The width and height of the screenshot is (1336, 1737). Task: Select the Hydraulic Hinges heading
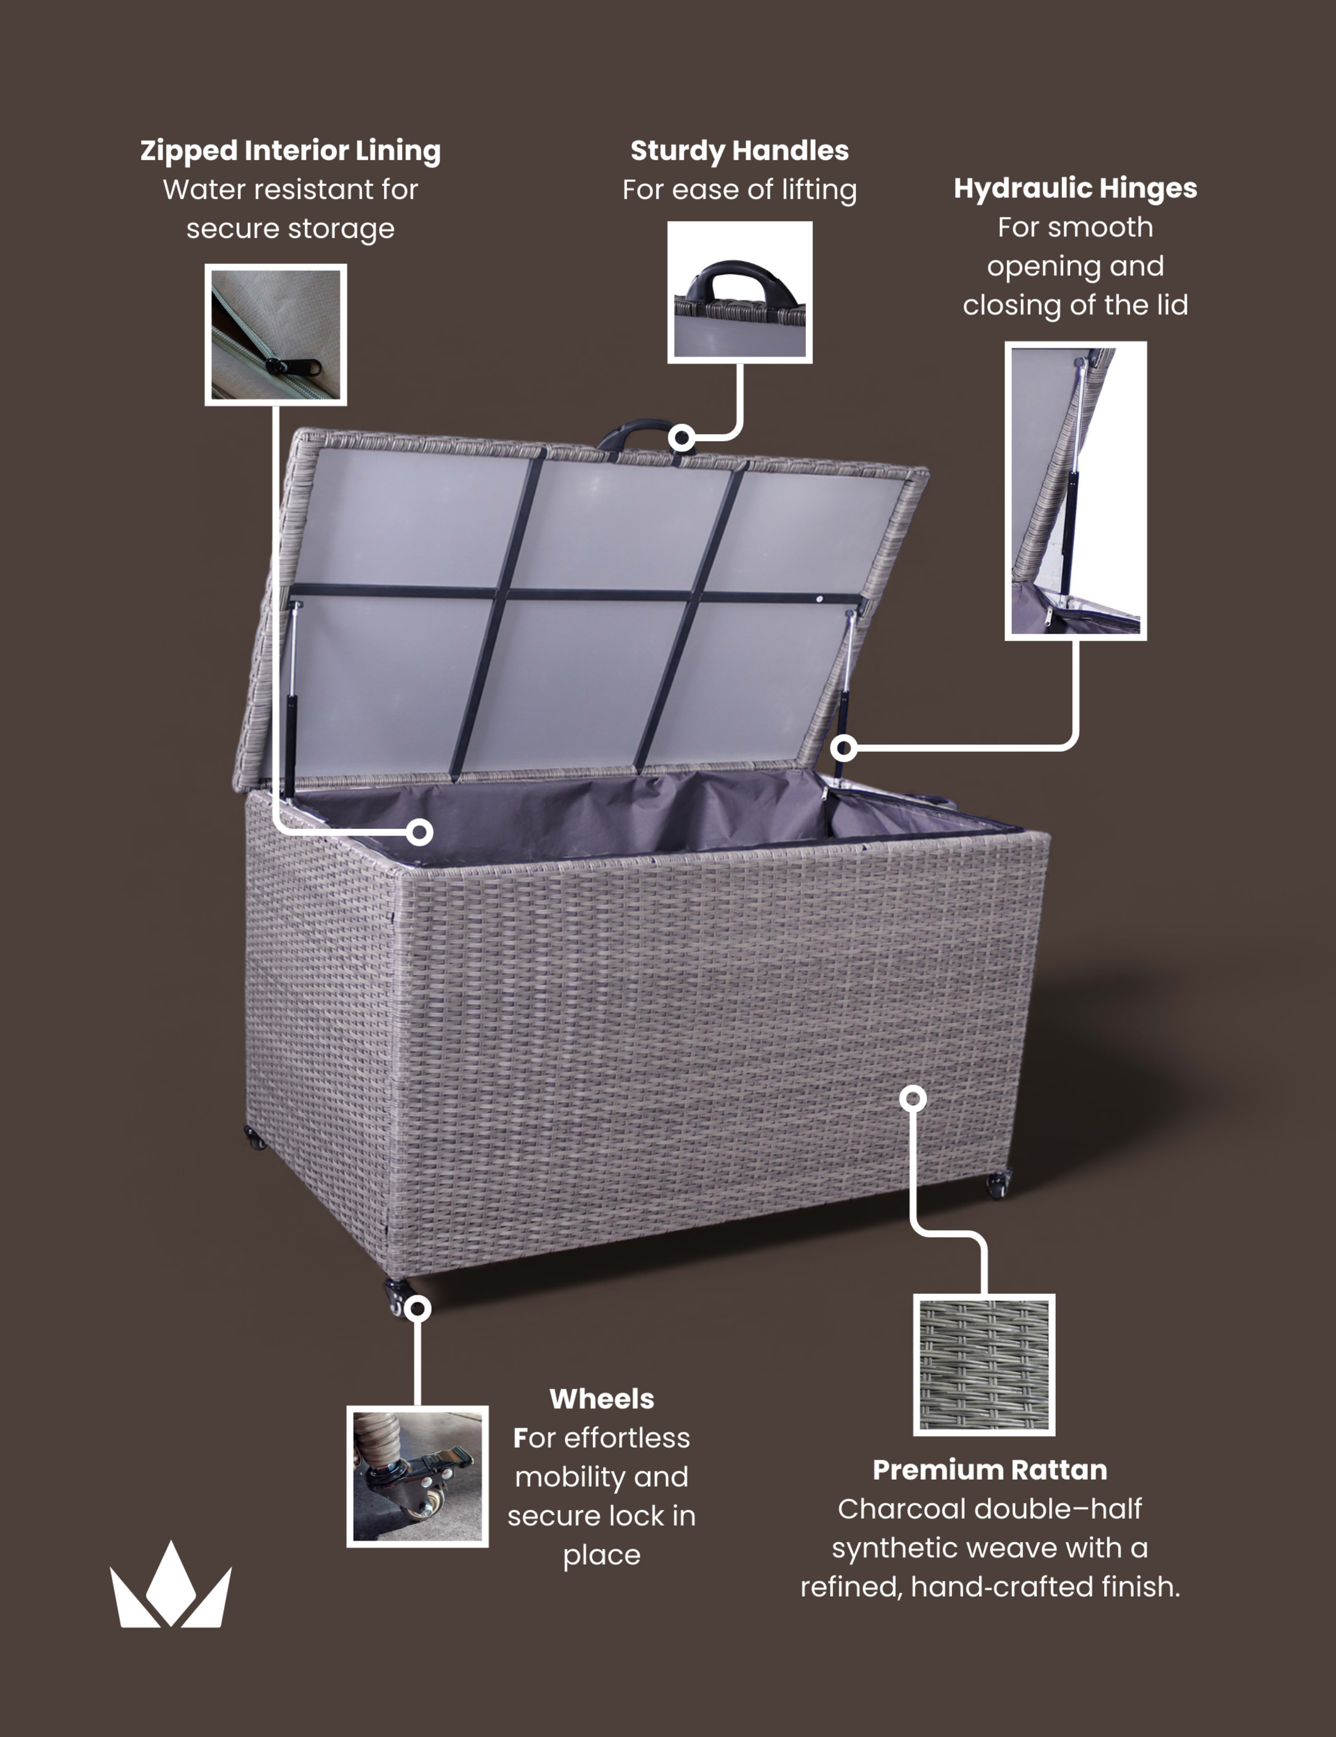1075,188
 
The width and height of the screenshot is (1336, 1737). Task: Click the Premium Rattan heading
989,1470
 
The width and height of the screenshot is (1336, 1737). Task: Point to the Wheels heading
602,1399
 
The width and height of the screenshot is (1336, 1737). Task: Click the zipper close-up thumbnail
276,335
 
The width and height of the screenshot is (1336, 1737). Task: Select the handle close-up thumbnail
739,292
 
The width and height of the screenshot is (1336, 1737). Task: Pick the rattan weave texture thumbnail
984,1365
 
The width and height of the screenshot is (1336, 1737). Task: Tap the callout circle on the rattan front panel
913,1098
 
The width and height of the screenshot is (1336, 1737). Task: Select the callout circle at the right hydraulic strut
844,747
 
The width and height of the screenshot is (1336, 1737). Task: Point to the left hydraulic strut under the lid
292,700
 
